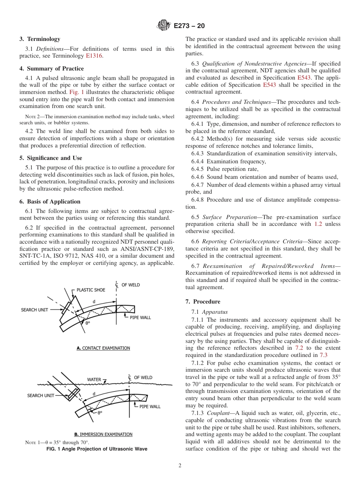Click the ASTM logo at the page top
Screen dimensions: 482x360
pos(164,26)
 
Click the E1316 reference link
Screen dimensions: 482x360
pos(94,56)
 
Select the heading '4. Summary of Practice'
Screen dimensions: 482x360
pos(52,69)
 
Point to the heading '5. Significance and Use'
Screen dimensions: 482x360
pos(51,158)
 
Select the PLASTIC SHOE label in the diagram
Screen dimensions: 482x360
pos(91,290)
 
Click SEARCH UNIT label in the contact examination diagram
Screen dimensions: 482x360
pos(34,310)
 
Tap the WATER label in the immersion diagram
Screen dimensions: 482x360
pos(94,379)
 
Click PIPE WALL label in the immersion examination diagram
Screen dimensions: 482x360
pos(150,407)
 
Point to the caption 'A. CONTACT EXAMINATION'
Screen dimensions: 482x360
pos(103,348)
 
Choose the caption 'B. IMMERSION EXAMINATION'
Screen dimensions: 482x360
pos(103,434)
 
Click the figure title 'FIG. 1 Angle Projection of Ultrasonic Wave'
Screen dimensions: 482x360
pos(97,449)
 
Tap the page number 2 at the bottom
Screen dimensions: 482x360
pos(180,466)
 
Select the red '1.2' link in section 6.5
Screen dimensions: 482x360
pos(318,224)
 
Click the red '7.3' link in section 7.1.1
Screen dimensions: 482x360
pos(323,355)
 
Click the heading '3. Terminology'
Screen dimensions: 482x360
pos(40,39)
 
